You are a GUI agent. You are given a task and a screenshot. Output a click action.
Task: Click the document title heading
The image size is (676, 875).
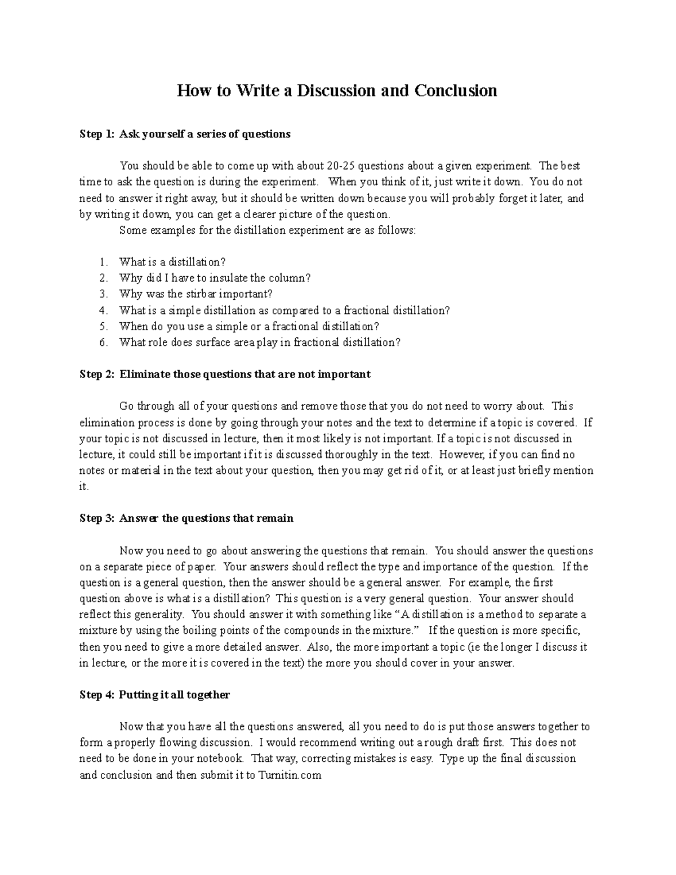337,91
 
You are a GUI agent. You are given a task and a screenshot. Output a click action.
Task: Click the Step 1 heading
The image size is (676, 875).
185,134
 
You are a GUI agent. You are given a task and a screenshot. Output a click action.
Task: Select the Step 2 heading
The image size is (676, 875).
225,374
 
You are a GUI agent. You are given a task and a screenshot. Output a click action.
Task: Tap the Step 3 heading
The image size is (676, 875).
186,518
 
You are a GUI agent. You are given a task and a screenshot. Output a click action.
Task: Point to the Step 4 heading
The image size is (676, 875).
154,695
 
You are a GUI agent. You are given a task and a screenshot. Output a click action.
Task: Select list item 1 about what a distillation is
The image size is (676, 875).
172,262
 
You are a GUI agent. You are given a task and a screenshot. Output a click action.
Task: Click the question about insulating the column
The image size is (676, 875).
215,278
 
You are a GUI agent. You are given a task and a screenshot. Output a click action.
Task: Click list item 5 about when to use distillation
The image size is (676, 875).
249,326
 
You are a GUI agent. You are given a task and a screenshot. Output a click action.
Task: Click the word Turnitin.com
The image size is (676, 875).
290,775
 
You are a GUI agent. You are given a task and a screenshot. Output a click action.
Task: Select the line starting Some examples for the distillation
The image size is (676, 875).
268,230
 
